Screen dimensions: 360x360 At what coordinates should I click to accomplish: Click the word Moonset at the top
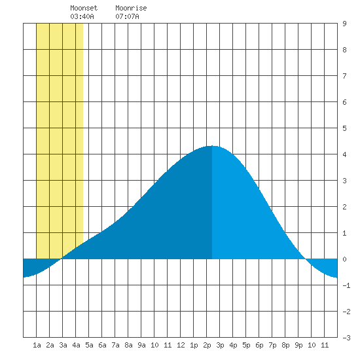pyautogui.click(x=84, y=8)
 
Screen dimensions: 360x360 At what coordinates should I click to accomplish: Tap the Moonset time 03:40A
pyautogui.click(x=82, y=16)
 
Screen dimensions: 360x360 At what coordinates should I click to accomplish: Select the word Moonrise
pyautogui.click(x=131, y=8)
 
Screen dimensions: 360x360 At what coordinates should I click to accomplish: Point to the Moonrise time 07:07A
pyautogui.click(x=127, y=16)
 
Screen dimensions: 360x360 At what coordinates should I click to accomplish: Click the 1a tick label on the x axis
pyautogui.click(x=37, y=345)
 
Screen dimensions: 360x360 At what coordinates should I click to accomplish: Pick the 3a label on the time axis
pyautogui.click(x=63, y=345)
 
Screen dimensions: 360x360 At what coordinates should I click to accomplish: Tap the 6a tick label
pyautogui.click(x=102, y=345)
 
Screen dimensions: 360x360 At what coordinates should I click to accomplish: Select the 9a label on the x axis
pyautogui.click(x=141, y=345)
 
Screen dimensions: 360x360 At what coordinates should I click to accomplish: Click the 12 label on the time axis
pyautogui.click(x=181, y=345)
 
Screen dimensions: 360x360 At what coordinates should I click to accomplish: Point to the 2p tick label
pyautogui.click(x=207, y=345)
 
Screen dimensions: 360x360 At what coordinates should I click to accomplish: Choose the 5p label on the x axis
pyautogui.click(x=246, y=345)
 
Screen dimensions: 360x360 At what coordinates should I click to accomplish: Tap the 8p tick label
pyautogui.click(x=285, y=345)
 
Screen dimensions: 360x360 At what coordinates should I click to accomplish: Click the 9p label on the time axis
pyautogui.click(x=298, y=345)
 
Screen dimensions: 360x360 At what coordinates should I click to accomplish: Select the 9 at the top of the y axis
pyautogui.click(x=344, y=24)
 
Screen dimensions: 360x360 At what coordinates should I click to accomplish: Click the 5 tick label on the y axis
pyautogui.click(x=344, y=128)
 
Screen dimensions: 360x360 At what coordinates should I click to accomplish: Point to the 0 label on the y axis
pyautogui.click(x=344, y=259)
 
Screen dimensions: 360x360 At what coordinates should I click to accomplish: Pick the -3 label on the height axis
pyautogui.click(x=346, y=338)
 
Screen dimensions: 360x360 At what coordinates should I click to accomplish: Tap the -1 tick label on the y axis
pyautogui.click(x=346, y=285)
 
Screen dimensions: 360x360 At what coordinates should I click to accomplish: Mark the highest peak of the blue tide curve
pyautogui.click(x=212, y=146)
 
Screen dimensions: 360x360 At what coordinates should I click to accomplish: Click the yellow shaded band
pyautogui.click(x=60, y=137)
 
